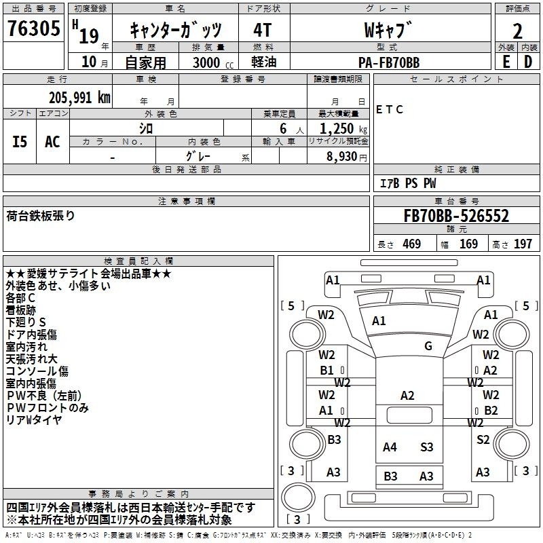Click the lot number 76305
click(x=33, y=29)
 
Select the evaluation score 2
click(x=517, y=31)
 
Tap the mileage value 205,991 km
click(x=79, y=98)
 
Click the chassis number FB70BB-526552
click(x=456, y=216)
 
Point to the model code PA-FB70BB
click(x=389, y=62)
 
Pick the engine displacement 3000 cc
click(x=213, y=62)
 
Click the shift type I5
click(x=20, y=142)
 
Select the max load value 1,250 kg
click(x=343, y=129)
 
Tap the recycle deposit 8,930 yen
click(x=347, y=157)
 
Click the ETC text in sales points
click(x=389, y=109)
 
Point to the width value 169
click(x=468, y=244)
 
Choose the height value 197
click(x=523, y=244)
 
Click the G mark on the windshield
click(x=428, y=345)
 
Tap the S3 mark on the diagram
click(x=427, y=447)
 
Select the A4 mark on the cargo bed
click(x=390, y=447)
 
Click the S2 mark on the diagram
click(x=483, y=439)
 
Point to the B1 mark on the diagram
click(x=326, y=370)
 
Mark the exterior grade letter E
click(x=506, y=62)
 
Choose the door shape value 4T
click(x=263, y=30)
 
